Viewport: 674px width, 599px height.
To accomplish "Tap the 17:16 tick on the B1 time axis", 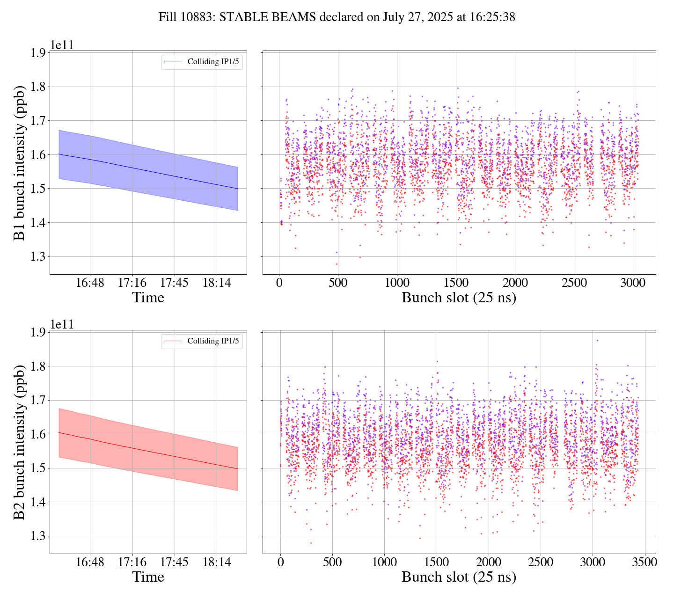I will point(132,283).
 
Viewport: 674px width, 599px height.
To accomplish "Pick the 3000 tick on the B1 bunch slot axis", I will point(633,283).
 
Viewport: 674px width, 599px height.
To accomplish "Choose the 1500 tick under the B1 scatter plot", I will point(456,283).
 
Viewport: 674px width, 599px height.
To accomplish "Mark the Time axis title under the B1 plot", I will point(148,298).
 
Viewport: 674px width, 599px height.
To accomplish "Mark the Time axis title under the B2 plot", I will point(148,577).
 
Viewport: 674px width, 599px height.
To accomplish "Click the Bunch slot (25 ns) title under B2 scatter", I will point(459,577).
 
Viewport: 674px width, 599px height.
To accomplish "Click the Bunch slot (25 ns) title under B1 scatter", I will point(459,298).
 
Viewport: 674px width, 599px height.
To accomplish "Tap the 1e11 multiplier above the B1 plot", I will point(62,45).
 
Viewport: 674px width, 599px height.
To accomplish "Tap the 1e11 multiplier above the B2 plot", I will point(62,325).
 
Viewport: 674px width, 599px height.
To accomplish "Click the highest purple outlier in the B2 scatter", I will point(597,340).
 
